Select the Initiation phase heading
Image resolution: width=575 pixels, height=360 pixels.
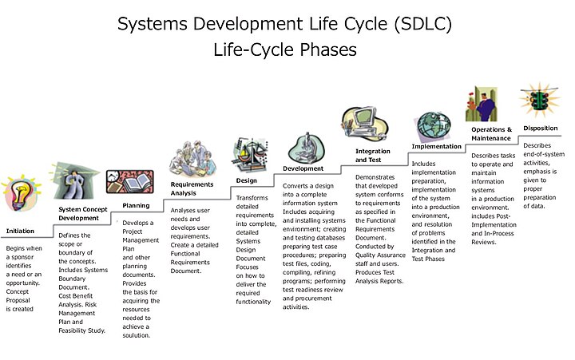click(x=20, y=231)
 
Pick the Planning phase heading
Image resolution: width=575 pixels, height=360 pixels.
click(x=136, y=205)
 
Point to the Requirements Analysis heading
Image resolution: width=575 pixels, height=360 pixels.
click(x=192, y=188)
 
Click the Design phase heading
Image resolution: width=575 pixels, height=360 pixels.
click(x=246, y=180)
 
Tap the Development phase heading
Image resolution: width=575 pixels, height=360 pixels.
click(x=303, y=168)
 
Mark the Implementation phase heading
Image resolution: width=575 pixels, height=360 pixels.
click(x=436, y=146)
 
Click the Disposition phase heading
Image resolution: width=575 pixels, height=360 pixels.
click(x=541, y=128)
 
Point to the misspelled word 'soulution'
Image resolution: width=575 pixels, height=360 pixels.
click(x=136, y=335)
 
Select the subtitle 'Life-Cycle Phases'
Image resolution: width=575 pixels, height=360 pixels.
click(x=285, y=49)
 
